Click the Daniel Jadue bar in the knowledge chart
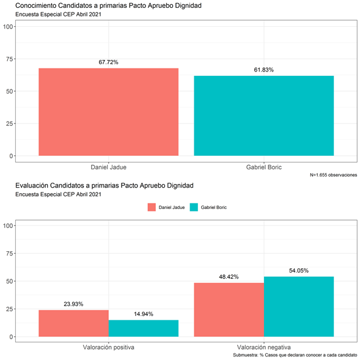point(108,112)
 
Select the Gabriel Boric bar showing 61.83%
point(264,116)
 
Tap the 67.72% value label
point(108,62)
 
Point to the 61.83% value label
point(264,70)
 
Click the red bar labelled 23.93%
point(73,323)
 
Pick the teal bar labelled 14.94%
point(144,328)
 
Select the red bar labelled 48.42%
point(229,310)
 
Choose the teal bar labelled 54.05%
point(299,307)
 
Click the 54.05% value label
point(299,271)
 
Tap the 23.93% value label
point(73,304)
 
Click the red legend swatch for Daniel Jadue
point(152,207)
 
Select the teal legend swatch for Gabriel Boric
point(194,207)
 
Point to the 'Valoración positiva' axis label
point(108,347)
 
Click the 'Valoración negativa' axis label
point(264,347)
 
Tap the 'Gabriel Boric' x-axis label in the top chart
point(264,167)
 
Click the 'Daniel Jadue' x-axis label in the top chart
point(108,167)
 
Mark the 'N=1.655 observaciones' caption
point(333,175)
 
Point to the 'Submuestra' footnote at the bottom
point(295,355)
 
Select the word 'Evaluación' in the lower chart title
point(32,186)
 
